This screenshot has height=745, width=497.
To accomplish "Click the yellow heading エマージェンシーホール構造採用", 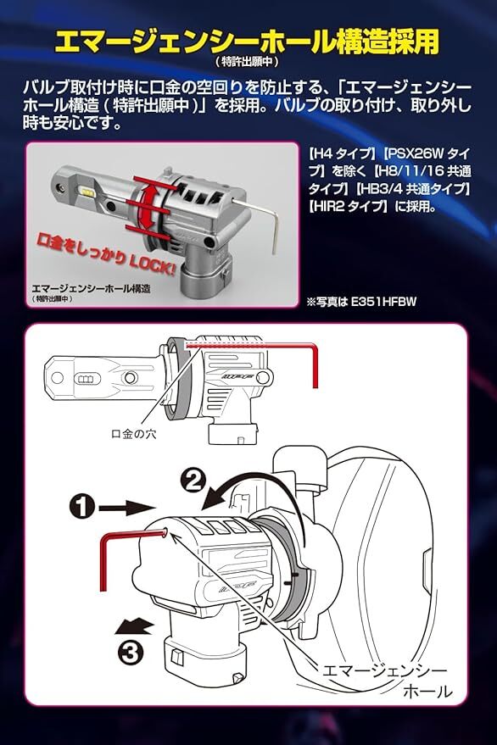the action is (x=246, y=42).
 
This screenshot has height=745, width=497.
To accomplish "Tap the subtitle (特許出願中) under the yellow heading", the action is (x=246, y=62).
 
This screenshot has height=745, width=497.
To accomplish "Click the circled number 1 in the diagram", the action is (x=81, y=507).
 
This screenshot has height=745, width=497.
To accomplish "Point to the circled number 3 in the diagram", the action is (x=130, y=653).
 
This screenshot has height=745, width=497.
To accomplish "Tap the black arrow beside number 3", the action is (x=135, y=626).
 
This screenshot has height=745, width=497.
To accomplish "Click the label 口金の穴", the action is (x=133, y=434).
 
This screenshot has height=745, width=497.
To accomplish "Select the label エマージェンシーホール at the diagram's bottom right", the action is (x=385, y=681).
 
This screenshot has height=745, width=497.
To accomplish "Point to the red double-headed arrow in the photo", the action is (x=148, y=206).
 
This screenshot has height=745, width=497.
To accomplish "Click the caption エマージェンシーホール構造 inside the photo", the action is (x=91, y=288).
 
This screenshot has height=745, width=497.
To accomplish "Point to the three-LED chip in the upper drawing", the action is (x=88, y=379).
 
